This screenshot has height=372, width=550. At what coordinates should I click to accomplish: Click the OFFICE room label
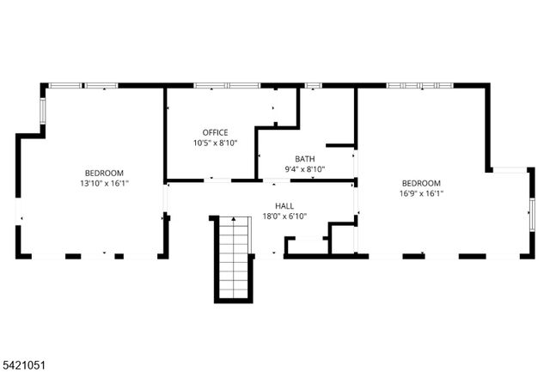(x=215, y=131)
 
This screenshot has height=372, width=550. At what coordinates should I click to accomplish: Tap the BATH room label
(x=304, y=158)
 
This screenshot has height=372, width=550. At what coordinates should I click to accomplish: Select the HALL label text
(x=284, y=206)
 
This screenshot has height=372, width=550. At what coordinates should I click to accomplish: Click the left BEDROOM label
(x=104, y=172)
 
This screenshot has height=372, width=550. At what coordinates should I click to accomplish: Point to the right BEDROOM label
(x=421, y=183)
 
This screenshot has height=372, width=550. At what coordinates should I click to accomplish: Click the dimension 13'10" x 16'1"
(x=104, y=183)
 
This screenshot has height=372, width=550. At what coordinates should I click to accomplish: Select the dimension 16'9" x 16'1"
(x=421, y=194)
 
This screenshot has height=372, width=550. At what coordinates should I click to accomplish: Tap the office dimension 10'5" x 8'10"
(x=215, y=143)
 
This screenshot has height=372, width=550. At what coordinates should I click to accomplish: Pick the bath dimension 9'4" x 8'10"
(x=304, y=169)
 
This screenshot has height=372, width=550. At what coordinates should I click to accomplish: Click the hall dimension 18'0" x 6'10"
(x=284, y=216)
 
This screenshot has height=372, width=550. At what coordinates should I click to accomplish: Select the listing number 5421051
(x=24, y=365)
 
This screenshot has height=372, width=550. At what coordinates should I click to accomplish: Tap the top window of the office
(x=226, y=85)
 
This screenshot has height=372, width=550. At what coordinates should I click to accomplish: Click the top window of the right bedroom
(x=419, y=85)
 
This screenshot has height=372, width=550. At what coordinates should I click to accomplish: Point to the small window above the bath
(x=313, y=85)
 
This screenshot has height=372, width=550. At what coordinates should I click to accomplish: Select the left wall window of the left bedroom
(x=42, y=110)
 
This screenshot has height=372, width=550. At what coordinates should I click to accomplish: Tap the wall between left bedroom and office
(x=164, y=133)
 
